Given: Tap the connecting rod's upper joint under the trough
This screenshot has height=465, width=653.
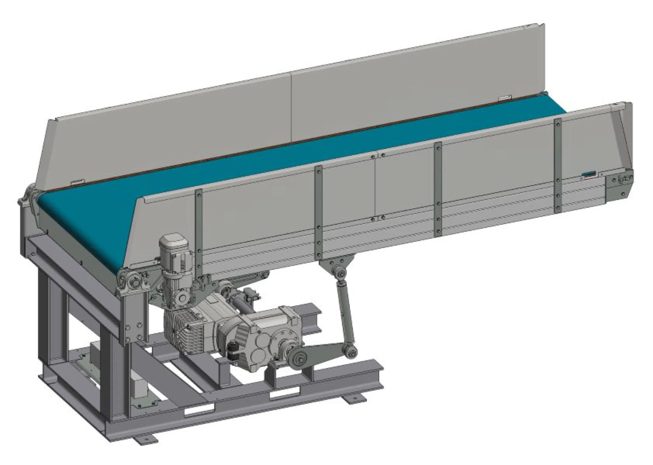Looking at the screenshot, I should tap(340, 273).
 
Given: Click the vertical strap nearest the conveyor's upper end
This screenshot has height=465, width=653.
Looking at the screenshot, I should tap(558, 166).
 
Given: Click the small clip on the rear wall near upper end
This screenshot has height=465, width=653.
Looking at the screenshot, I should tap(505, 99).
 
